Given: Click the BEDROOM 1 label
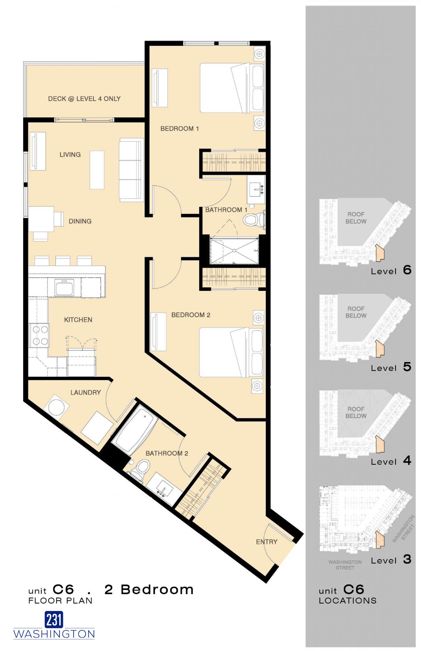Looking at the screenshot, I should point(179,129).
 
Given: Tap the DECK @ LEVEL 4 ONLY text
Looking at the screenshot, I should point(84,99).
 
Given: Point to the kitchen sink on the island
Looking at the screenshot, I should point(64,288).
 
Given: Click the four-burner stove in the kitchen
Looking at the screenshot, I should point(39,335).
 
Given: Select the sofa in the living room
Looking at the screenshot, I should point(131,170).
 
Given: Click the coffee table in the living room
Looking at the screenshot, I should point(97,170).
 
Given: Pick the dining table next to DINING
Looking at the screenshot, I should point(41,219).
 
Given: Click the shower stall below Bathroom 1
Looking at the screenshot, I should point(234,251).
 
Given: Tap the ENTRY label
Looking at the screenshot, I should point(267,542).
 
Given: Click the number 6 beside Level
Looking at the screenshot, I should point(407,270).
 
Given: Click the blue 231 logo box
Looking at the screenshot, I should point(54,620).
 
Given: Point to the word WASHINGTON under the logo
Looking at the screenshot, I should point(54,634).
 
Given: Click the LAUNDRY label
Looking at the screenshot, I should point(85,393).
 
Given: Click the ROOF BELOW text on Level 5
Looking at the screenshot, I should point(356,312).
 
